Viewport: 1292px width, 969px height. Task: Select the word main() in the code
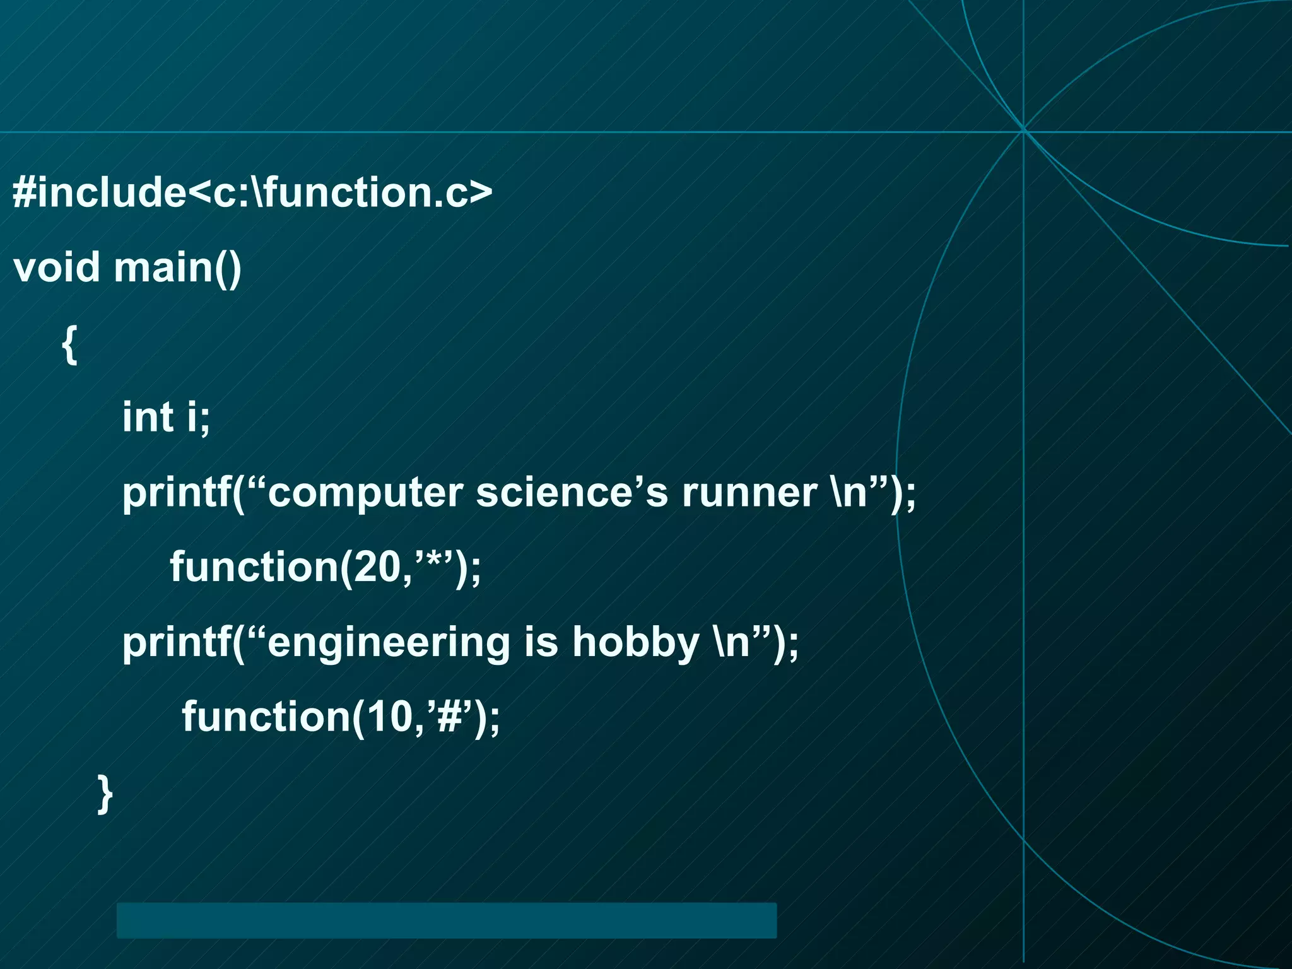(178, 267)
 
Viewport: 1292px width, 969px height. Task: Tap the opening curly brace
(69, 344)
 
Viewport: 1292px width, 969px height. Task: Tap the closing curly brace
(105, 794)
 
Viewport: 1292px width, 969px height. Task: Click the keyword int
(148, 417)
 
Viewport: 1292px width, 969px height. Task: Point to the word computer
(365, 493)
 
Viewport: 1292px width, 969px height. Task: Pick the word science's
(572, 493)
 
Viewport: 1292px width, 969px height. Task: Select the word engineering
(389, 643)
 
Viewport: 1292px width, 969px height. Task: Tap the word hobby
(636, 643)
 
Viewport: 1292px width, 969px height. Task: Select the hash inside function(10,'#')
(450, 717)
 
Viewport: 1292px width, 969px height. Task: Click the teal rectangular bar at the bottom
(446, 920)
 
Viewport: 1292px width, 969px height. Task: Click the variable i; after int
(198, 417)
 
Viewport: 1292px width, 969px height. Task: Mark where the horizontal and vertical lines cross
(1023, 132)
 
